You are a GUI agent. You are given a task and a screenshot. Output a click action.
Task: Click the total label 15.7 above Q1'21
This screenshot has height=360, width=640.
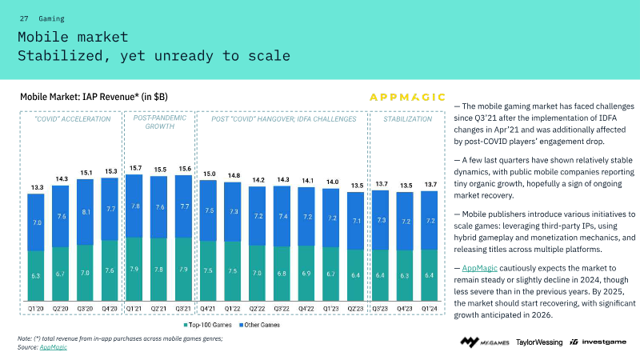(x=136, y=168)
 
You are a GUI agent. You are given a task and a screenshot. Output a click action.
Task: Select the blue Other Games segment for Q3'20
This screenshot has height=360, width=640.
(x=86, y=213)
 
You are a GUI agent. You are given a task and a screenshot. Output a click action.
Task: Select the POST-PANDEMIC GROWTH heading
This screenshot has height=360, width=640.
(x=161, y=122)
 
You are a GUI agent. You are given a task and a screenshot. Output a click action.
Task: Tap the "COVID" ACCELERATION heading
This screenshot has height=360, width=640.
(x=73, y=119)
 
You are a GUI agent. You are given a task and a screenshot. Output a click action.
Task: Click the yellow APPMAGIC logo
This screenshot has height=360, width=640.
(x=407, y=97)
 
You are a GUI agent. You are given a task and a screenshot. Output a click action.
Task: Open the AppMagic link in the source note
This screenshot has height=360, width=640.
(x=54, y=346)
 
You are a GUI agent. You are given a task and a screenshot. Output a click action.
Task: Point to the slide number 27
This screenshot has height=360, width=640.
(x=24, y=18)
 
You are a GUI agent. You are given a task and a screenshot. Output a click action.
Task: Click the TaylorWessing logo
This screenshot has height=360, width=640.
(x=538, y=342)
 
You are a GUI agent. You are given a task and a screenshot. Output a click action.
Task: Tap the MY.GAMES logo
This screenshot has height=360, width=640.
(x=482, y=342)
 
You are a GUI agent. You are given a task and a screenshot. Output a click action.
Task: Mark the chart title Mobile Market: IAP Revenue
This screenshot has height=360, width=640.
(x=94, y=96)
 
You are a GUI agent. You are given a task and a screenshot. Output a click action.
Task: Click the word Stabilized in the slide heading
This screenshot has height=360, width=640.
(x=57, y=56)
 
